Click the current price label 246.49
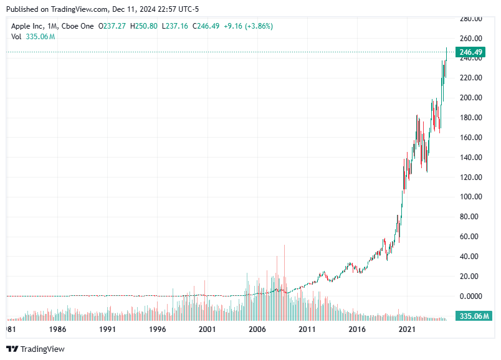(472, 52)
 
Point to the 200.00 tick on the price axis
(471, 98)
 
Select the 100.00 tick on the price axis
(471, 197)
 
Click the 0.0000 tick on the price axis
(471, 296)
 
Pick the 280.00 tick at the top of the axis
(471, 19)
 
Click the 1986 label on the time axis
(58, 329)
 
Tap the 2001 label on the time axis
(207, 329)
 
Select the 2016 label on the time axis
(356, 329)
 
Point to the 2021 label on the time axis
(406, 329)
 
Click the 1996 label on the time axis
(157, 329)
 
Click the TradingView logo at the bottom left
(35, 349)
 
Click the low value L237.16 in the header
(176, 26)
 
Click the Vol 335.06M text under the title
(33, 37)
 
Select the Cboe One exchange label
(77, 26)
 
